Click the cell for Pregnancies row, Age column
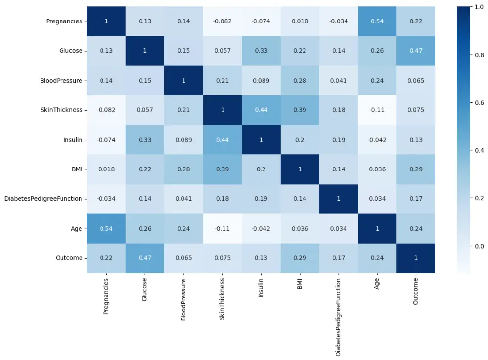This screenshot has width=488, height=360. [377, 21]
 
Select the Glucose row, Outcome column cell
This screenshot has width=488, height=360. [416, 51]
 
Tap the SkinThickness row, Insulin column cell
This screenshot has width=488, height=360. [261, 110]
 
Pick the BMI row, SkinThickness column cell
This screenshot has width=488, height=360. [223, 169]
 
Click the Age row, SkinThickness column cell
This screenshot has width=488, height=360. [223, 228]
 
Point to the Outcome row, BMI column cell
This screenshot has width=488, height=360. [300, 258]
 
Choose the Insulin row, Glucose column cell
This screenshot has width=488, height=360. [145, 140]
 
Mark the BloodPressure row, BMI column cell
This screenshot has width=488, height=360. [300, 81]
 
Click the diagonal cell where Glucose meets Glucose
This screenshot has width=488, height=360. [145, 51]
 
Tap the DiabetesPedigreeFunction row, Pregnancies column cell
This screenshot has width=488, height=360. [106, 199]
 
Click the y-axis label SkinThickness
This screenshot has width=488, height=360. [61, 110]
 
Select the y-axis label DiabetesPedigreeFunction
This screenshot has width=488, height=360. [43, 199]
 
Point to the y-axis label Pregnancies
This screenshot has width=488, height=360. [64, 21]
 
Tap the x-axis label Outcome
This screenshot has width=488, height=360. [416, 292]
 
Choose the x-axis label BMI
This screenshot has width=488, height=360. [300, 284]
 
